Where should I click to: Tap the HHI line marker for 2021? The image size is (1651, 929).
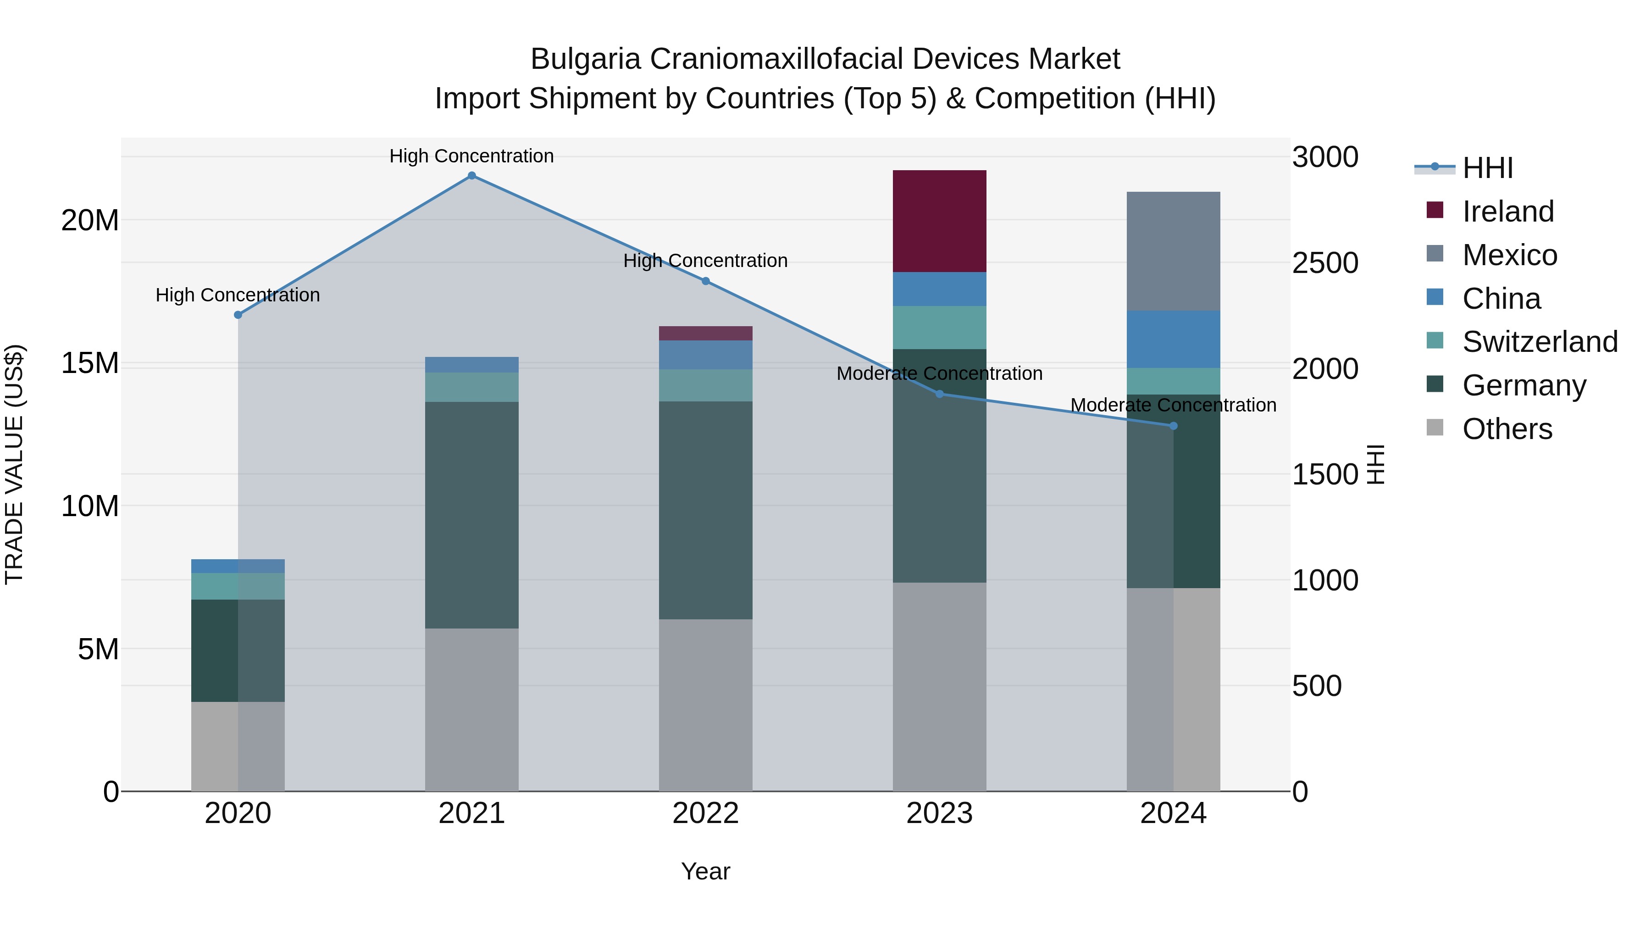472,176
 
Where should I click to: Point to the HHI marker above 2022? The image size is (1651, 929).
706,281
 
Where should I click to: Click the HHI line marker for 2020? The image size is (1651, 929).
238,315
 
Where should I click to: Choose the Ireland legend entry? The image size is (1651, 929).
1507,211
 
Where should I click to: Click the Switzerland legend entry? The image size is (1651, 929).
1540,342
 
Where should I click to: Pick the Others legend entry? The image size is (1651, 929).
1507,429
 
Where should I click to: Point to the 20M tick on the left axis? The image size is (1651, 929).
90,221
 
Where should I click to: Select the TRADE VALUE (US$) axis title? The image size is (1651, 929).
14,464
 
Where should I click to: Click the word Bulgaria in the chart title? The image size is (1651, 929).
585,59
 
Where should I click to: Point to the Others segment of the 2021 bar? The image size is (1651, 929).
472,709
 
